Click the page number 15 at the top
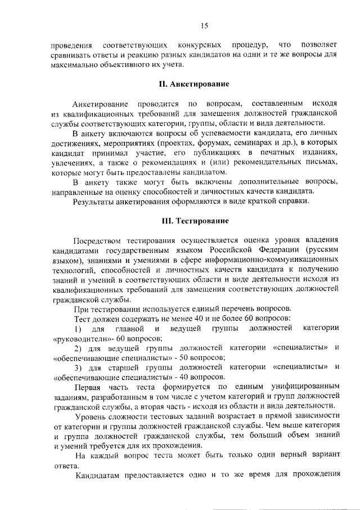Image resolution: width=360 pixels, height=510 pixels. (x=203, y=25)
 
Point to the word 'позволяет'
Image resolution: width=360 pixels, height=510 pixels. (x=319, y=44)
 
